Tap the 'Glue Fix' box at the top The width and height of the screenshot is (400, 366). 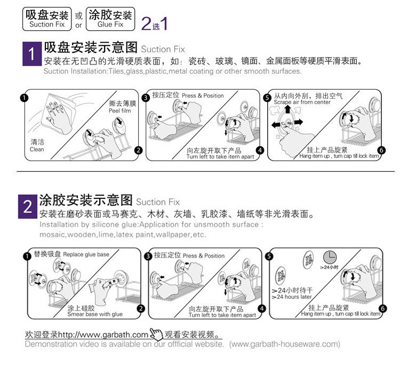coord(110,18)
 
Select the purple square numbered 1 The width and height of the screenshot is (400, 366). coord(30,54)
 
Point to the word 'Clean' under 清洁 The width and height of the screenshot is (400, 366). coord(37,149)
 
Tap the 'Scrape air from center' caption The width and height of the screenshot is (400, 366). coord(302,102)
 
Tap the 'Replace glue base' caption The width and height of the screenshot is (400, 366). coord(86,254)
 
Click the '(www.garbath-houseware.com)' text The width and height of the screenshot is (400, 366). coord(284,344)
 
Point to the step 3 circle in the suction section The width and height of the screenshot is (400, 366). coord(146,98)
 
